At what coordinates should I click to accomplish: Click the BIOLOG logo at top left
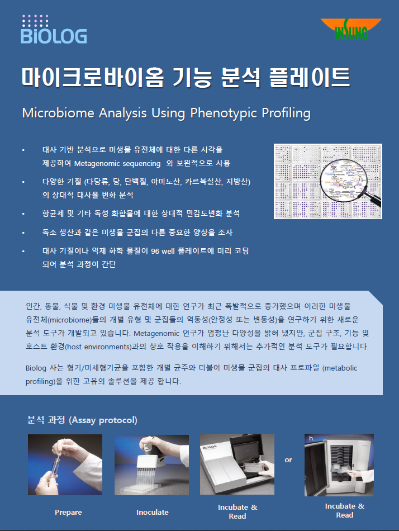pyautogui.click(x=54, y=30)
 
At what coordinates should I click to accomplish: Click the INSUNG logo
pyautogui.click(x=351, y=29)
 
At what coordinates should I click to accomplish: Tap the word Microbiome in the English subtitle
pyautogui.click(x=58, y=113)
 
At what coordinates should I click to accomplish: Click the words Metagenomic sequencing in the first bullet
pyautogui.click(x=117, y=164)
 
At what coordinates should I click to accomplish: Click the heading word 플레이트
pyautogui.click(x=310, y=77)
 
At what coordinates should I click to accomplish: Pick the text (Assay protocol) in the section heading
pyautogui.click(x=103, y=420)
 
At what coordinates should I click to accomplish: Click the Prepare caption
pyautogui.click(x=68, y=513)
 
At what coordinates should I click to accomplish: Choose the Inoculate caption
pyautogui.click(x=153, y=513)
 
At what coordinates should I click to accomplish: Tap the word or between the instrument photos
pyautogui.click(x=288, y=460)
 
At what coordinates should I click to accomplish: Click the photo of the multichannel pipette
pyautogui.click(x=152, y=465)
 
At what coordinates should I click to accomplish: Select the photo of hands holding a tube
pyautogui.click(x=65, y=464)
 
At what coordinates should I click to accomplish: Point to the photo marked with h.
pyautogui.click(x=339, y=465)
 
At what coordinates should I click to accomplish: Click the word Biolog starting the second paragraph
pyautogui.click(x=36, y=368)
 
